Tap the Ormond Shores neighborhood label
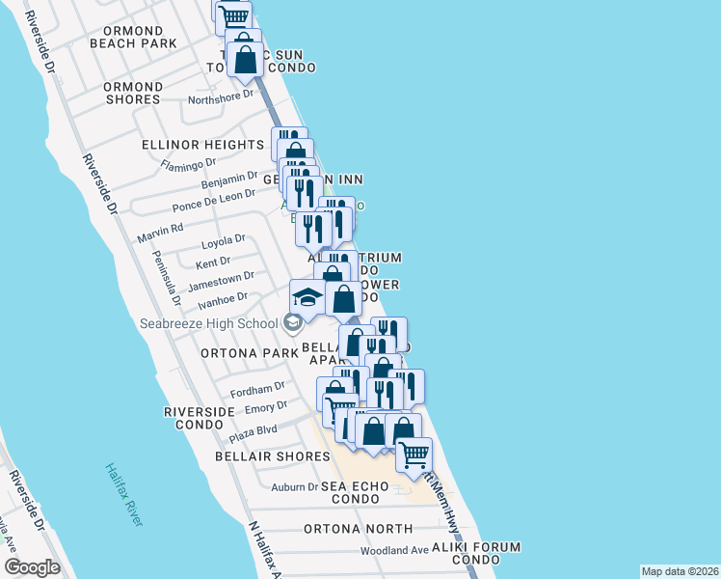click(133, 93)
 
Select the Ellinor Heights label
click(202, 145)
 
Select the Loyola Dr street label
click(224, 238)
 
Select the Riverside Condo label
click(200, 418)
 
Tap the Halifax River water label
click(124, 494)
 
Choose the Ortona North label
click(358, 529)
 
